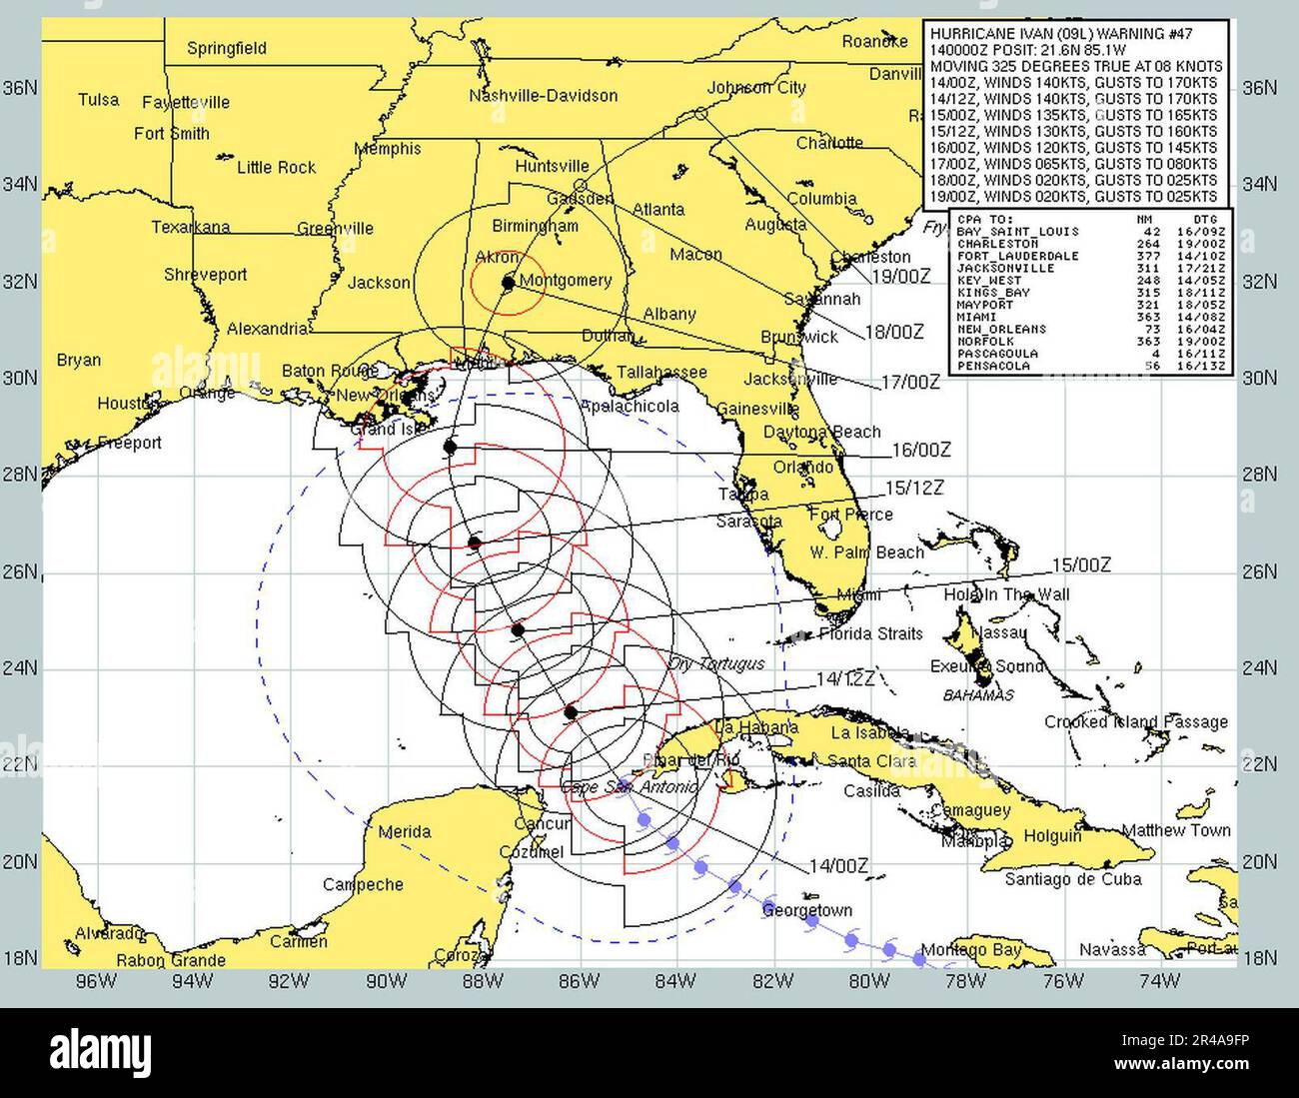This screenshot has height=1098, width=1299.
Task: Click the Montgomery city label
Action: (x=566, y=281)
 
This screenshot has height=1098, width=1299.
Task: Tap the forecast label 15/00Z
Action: (x=1082, y=565)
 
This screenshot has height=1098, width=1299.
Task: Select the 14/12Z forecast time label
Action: (x=845, y=679)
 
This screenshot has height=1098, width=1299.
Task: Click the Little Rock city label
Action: (x=276, y=167)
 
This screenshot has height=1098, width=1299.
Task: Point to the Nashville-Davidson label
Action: (x=543, y=96)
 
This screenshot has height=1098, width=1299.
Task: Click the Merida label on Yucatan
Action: (x=405, y=831)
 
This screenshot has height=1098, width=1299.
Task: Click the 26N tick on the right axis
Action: (x=1258, y=572)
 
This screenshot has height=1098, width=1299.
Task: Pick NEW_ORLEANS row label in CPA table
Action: (x=1001, y=329)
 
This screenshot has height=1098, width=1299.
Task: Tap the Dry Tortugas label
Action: (x=717, y=664)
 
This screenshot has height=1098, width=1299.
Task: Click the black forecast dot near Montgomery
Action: (x=508, y=283)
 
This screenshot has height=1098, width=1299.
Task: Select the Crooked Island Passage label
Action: (x=1135, y=721)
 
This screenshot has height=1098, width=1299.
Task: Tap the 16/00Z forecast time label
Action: (x=920, y=451)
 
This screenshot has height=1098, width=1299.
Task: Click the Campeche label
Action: (x=363, y=884)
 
